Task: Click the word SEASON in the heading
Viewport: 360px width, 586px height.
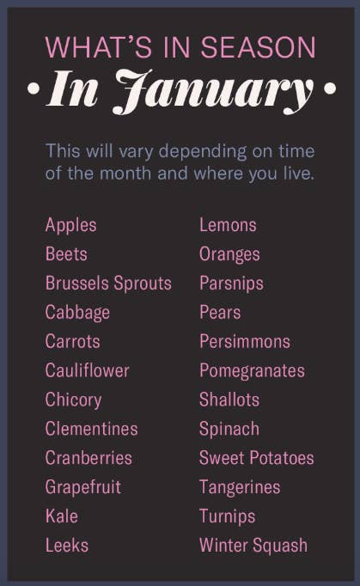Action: tap(259, 47)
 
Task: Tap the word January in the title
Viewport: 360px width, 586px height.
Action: tap(213, 92)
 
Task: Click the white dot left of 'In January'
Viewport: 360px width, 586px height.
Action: tap(34, 89)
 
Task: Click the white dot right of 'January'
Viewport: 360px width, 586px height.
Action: tap(330, 89)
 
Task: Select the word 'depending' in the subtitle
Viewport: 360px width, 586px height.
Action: tap(203, 152)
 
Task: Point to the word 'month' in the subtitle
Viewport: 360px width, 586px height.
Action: tap(125, 173)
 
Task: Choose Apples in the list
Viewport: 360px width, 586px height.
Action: tap(71, 225)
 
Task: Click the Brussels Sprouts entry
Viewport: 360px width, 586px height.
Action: tap(108, 284)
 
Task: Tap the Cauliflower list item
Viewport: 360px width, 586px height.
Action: tap(87, 370)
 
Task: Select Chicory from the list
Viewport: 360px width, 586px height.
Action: tap(73, 400)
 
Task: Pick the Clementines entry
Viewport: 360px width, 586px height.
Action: tap(92, 429)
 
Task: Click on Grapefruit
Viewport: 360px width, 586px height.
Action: tap(83, 488)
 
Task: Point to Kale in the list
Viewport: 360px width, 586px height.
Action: tap(62, 516)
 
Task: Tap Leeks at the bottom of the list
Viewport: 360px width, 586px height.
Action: tap(67, 546)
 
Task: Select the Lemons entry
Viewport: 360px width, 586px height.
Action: tap(228, 225)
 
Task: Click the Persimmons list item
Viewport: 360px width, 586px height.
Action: tap(245, 342)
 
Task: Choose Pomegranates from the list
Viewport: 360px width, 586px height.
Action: tap(252, 371)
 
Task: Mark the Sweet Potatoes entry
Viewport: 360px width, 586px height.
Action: tap(256, 458)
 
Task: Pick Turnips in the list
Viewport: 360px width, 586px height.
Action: tap(228, 517)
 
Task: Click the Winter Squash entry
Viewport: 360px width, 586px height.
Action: tap(253, 546)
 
